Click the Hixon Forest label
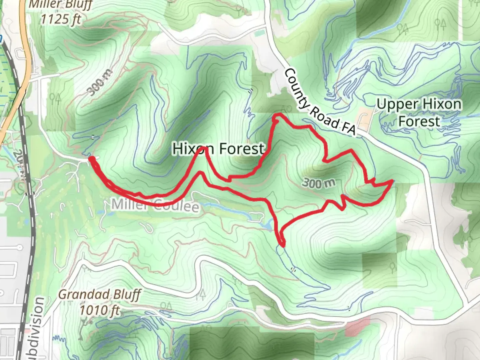coord(218,149)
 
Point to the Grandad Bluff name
coord(100,295)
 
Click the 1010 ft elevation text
coord(100,310)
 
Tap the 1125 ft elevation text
coord(61,19)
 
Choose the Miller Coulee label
coord(155,205)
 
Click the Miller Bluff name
coord(61,5)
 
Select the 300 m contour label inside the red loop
coord(319,183)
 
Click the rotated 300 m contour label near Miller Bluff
coord(101,82)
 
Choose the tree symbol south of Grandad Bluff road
coord(202,294)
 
